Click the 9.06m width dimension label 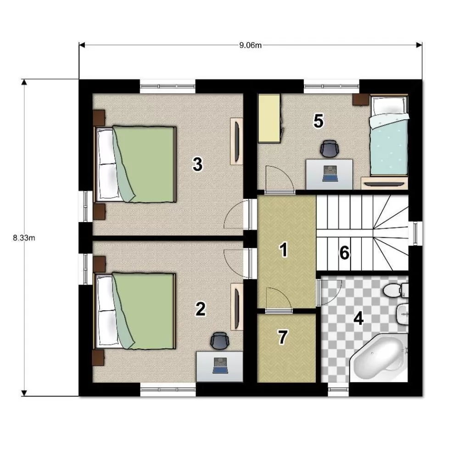coord(250,45)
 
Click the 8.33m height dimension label coord(24,238)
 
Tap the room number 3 coord(197,164)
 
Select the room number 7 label coord(282,337)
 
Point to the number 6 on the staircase coord(344,252)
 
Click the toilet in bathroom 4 coord(396,290)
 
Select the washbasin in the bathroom coord(403,314)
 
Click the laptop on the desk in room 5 coord(330,174)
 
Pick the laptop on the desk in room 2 coord(220,366)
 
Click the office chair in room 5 coord(329,149)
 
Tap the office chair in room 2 coord(219,341)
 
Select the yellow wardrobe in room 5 coord(269,118)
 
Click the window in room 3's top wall coord(168,86)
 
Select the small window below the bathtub coord(338,389)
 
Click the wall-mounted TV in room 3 coord(236,141)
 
